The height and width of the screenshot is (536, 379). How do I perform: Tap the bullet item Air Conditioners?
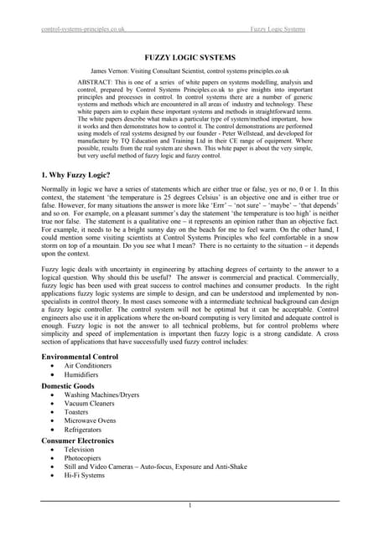tap(98, 366)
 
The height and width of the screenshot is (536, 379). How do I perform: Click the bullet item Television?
tap(90, 451)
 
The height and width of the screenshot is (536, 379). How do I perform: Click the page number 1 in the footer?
tap(189, 506)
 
